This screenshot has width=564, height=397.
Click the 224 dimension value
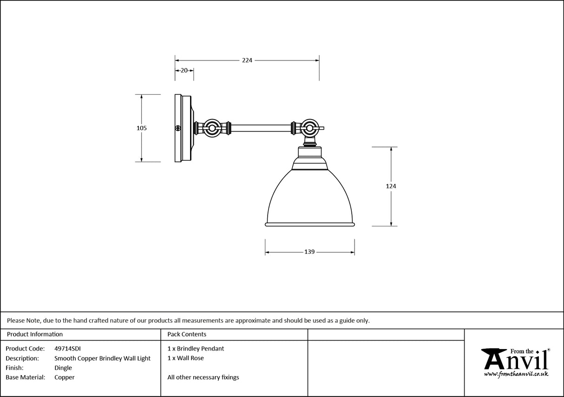pyautogui.click(x=247, y=60)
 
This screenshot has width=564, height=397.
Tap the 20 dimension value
pyautogui.click(x=184, y=71)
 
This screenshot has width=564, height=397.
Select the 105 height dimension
pyautogui.click(x=142, y=128)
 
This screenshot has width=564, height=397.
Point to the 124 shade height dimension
pyautogui.click(x=391, y=186)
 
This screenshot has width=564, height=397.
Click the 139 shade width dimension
pyautogui.click(x=309, y=252)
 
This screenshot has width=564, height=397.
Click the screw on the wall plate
pyautogui.click(x=177, y=128)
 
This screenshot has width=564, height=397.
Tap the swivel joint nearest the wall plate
pyautogui.click(x=213, y=128)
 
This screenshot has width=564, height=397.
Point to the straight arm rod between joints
pyautogui.click(x=261, y=128)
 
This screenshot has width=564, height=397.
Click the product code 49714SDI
pyautogui.click(x=67, y=348)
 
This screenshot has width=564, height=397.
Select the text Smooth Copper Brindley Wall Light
pyautogui.click(x=102, y=358)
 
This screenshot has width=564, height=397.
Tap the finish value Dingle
pyautogui.click(x=63, y=368)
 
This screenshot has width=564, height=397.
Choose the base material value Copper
pyautogui.click(x=64, y=377)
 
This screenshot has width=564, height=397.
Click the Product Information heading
pyautogui.click(x=35, y=334)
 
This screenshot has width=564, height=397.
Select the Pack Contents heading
pyautogui.click(x=187, y=334)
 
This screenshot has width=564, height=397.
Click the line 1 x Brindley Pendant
pyautogui.click(x=196, y=348)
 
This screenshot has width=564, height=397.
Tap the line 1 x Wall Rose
pyautogui.click(x=185, y=358)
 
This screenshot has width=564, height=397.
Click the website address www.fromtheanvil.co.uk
pyautogui.click(x=516, y=374)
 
